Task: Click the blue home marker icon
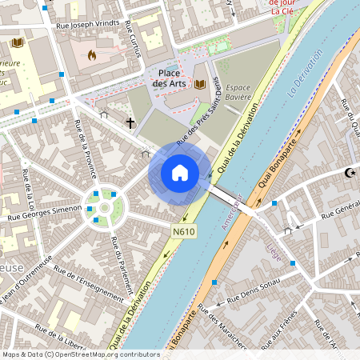click(180, 173)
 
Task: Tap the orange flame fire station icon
click(91, 56)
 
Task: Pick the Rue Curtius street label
click(133, 40)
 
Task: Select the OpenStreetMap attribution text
click(81, 354)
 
